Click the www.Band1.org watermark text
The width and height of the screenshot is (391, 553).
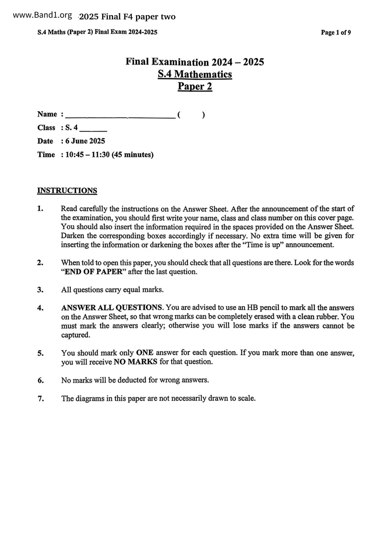pyautogui.click(x=43, y=15)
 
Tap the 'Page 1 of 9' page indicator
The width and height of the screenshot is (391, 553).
pyautogui.click(x=336, y=32)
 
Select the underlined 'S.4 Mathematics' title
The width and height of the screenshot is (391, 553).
pyautogui.click(x=195, y=74)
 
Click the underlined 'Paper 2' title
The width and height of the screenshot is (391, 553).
pyautogui.click(x=195, y=86)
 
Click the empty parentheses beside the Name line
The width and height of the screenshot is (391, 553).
pyautogui.click(x=191, y=115)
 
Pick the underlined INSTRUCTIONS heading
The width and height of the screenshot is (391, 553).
pyautogui.click(x=67, y=191)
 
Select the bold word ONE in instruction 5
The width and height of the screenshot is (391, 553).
pyautogui.click(x=144, y=353)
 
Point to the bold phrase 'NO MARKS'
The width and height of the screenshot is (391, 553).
pyautogui.click(x=135, y=362)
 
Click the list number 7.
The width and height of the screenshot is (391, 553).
pyautogui.click(x=41, y=399)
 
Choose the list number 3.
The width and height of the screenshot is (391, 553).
pyautogui.click(x=40, y=290)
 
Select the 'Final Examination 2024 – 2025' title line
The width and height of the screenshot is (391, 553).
pyautogui.click(x=195, y=62)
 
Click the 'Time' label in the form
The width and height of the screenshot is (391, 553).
pyautogui.click(x=46, y=155)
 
